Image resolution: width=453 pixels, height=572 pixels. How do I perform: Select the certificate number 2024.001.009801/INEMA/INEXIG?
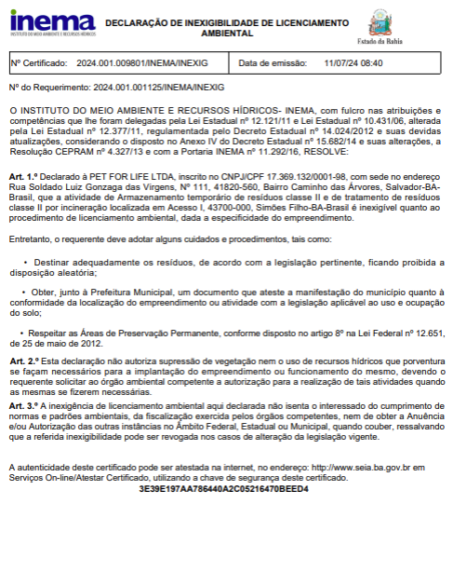click(142, 63)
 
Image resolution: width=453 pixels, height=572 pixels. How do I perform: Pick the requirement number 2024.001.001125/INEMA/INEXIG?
click(158, 87)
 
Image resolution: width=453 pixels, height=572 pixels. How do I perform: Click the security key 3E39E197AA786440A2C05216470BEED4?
click(223, 488)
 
